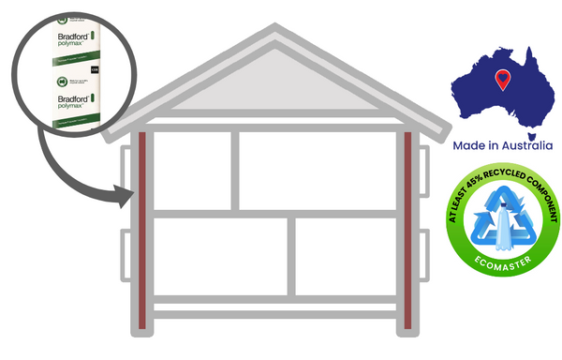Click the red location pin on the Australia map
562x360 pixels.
tap(504, 80)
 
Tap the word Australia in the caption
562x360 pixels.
tap(523, 145)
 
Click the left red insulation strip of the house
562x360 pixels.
tap(142, 230)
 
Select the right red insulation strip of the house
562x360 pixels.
tap(407, 230)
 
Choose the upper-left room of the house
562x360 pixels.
tap(192, 170)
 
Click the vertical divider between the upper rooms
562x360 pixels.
tap(234, 170)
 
